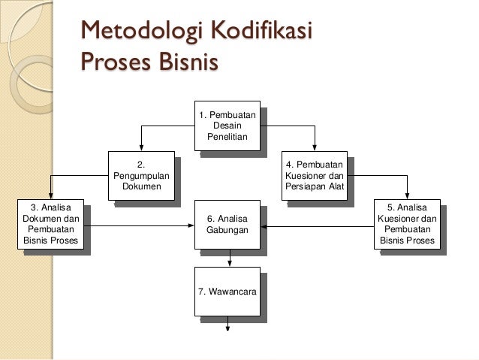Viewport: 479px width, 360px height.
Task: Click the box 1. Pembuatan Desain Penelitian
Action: (x=227, y=125)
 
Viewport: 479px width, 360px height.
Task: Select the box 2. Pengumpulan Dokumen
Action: (x=141, y=175)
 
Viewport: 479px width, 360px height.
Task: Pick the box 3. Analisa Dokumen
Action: (x=51, y=225)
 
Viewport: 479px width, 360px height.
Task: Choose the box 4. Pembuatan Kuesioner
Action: (x=315, y=175)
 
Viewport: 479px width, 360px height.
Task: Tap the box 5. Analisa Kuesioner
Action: (x=407, y=225)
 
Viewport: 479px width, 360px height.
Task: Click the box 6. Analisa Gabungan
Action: (x=227, y=225)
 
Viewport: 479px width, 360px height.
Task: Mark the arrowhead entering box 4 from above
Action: (x=315, y=147)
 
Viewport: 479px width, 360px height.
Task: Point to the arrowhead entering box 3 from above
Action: (x=51, y=196)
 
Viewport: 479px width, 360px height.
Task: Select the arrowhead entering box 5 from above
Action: (x=407, y=196)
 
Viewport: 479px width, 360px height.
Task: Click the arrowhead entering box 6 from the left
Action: (x=191, y=225)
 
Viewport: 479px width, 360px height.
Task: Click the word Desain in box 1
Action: (x=227, y=125)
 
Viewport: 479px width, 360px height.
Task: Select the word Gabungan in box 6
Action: (x=227, y=230)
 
